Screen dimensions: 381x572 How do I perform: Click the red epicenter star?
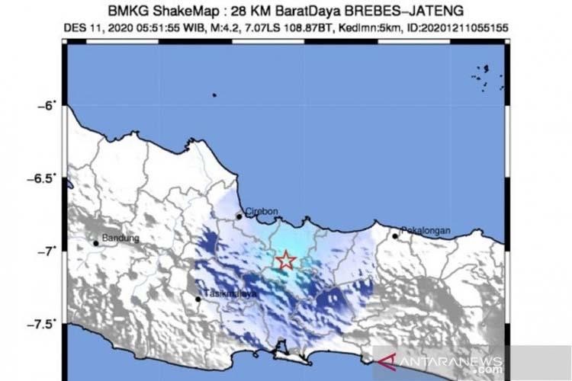coord(285,261)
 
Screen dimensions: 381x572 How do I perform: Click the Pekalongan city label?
coord(426,231)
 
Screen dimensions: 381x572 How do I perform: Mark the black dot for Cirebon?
coord(239,216)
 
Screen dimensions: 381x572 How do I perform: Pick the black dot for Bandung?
coord(96,243)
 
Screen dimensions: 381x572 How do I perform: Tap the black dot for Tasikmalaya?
coord(198,299)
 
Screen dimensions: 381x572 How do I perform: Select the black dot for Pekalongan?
coord(395,236)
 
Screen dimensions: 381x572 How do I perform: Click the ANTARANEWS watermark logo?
coord(449,362)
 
